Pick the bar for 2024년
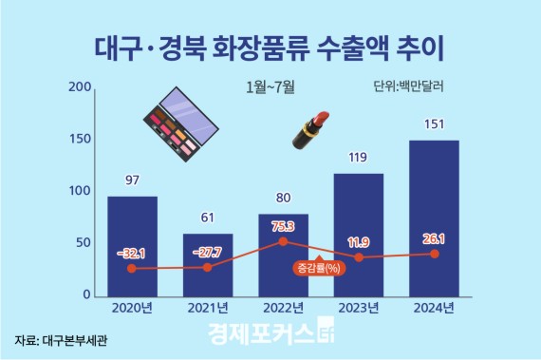[433, 218]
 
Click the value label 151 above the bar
[433, 123]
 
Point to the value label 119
[358, 157]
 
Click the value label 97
[132, 179]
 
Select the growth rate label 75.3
[283, 227]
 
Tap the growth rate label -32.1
[132, 254]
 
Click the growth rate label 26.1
[433, 238]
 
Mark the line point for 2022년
[283, 242]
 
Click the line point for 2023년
[358, 257]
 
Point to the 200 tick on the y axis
[81, 88]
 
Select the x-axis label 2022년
[283, 308]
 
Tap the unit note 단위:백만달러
[409, 86]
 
